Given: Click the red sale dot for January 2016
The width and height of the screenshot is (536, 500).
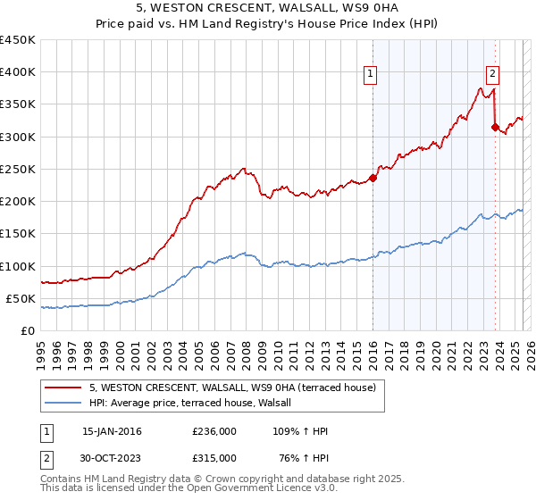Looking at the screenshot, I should [373, 177].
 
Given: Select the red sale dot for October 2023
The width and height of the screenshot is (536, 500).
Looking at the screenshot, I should [495, 127].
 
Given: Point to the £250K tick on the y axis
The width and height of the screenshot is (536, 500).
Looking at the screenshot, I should [20, 169].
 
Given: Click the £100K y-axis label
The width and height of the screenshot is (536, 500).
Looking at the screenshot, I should [20, 266].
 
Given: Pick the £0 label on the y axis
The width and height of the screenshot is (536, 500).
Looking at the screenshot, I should [27, 330].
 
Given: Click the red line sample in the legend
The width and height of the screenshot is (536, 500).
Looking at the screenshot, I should [64, 387].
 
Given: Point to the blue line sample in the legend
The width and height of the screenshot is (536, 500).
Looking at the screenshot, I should [64, 403].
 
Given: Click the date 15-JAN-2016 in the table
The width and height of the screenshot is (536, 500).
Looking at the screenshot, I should [112, 431].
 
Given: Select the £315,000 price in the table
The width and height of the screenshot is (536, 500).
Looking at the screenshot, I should [214, 457].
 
